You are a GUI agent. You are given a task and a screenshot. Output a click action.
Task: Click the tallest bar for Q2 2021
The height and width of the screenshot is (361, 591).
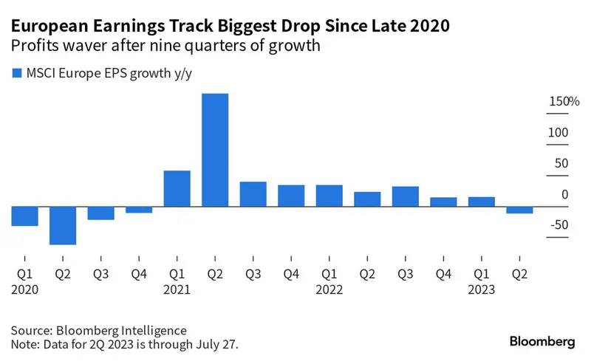click(215, 150)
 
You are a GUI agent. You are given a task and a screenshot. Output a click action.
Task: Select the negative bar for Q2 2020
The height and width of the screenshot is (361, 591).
click(63, 225)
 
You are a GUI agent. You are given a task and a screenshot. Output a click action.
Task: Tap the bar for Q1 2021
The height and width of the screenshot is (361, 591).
click(177, 188)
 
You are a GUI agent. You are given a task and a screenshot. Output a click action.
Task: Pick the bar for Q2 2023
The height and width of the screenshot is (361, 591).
click(519, 210)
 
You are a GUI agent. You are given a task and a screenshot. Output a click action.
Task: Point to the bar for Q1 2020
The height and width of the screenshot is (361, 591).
click(24, 216)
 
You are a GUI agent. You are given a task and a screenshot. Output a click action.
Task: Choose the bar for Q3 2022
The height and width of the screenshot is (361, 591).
click(406, 196)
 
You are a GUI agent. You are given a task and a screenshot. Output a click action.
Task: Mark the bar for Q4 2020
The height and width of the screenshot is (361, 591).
click(139, 210)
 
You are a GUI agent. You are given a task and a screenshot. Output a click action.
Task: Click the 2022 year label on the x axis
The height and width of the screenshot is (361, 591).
click(329, 290)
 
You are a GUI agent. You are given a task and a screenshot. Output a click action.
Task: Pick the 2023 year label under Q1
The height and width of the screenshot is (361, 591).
click(482, 290)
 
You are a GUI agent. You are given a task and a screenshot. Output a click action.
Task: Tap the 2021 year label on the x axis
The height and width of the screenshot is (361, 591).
click(177, 290)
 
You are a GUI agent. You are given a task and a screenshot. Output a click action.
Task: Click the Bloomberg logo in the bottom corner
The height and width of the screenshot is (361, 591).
click(543, 341)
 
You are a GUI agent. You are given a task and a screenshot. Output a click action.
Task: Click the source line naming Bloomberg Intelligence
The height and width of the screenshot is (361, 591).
click(99, 330)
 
